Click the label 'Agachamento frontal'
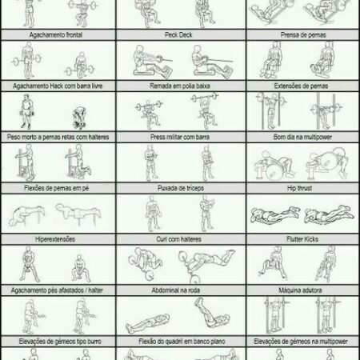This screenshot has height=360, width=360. pos(56,34)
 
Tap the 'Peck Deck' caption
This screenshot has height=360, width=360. pos(178,34)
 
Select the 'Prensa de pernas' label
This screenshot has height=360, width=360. pos(303,34)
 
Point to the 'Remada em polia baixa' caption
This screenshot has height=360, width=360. pos(180,86)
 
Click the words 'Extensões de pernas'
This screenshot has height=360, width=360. pos(301,86)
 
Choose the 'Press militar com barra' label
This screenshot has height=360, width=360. pos(180,137)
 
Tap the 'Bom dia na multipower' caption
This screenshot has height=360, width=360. pos(302,137)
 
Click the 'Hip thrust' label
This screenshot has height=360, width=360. pos(300,188)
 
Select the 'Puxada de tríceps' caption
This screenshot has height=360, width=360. pos(181,188)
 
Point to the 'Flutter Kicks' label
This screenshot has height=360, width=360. pos(302,239)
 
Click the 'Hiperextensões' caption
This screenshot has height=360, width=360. pos(55,239)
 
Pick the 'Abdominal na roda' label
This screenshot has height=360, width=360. pos(176,290)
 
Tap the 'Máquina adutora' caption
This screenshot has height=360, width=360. pos(300,290)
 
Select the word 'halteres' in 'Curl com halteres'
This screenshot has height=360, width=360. pos(190,239)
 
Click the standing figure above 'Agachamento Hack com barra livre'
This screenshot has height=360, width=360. pos(26,61)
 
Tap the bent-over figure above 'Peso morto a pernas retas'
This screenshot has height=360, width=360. pos(79,118)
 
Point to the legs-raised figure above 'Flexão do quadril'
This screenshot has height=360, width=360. pos(212,313)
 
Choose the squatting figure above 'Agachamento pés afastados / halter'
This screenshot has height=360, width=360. pos(81,269)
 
